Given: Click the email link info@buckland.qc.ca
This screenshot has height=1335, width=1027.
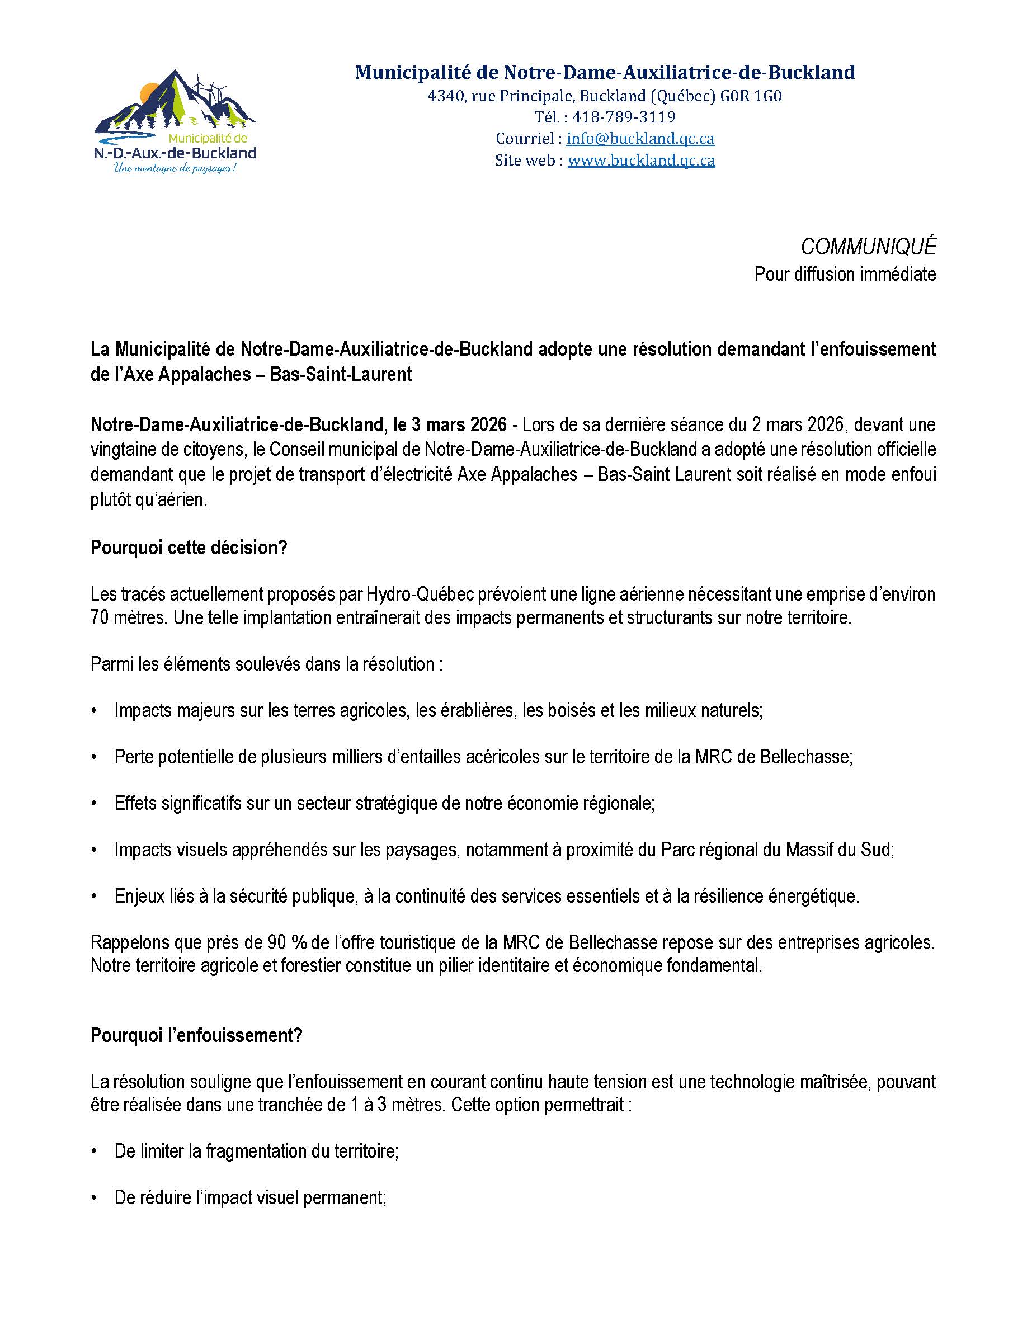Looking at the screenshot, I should click(x=640, y=139).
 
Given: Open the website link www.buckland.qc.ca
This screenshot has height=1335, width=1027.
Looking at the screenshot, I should click(x=640, y=160).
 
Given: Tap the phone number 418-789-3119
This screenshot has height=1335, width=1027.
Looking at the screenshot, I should click(x=624, y=117).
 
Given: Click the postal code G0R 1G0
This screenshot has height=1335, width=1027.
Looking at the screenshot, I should click(x=753, y=96).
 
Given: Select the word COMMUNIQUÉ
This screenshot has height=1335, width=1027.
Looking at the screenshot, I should click(x=868, y=247).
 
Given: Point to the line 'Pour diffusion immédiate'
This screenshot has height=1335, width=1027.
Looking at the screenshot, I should click(x=845, y=274).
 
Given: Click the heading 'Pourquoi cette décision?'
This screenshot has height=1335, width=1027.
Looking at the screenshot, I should click(x=189, y=548).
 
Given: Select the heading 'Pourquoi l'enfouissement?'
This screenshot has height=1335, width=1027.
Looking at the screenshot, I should click(x=196, y=1035).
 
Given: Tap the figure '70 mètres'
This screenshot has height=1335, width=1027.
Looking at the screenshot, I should click(x=127, y=617).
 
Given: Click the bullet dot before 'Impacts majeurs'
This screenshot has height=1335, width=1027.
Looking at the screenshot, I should click(x=93, y=711).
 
